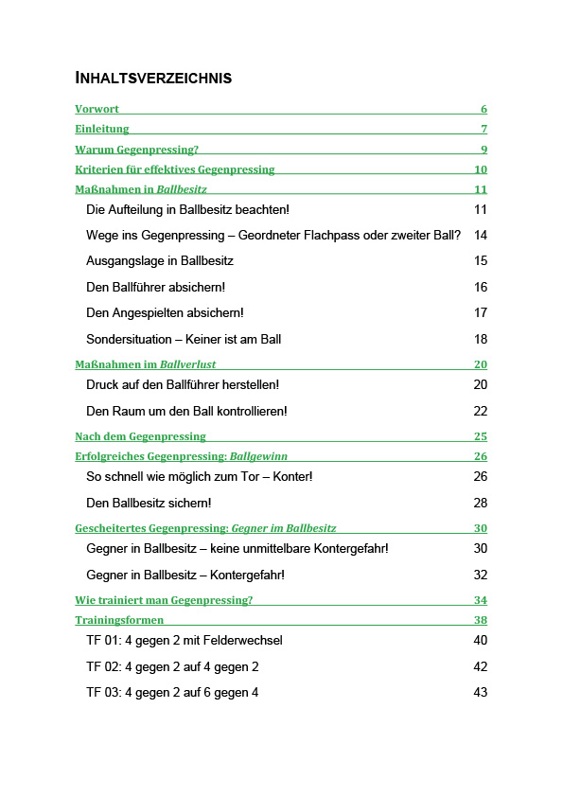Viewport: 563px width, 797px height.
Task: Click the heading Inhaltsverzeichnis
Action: pyautogui.click(x=153, y=78)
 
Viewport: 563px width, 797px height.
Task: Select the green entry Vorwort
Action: pyautogui.click(x=97, y=109)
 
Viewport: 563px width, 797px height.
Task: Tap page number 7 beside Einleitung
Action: pyautogui.click(x=484, y=129)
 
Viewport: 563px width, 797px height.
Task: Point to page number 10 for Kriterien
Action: pyautogui.click(x=481, y=169)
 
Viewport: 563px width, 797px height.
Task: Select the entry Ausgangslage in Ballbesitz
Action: pyautogui.click(x=159, y=260)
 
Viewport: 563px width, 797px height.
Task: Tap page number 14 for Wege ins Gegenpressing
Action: pyautogui.click(x=481, y=235)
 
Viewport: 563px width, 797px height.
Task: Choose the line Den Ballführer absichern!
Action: pyautogui.click(x=155, y=287)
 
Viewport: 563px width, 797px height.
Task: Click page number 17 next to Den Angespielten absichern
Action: pyautogui.click(x=481, y=312)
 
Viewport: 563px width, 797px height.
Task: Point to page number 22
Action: pyautogui.click(x=481, y=411)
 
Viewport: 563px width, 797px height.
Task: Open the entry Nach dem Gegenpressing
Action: pyautogui.click(x=140, y=436)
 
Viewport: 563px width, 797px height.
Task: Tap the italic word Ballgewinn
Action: pyautogui.click(x=260, y=456)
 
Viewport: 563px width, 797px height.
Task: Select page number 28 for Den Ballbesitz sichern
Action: pyautogui.click(x=481, y=503)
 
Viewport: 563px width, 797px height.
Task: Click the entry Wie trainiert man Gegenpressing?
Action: pyautogui.click(x=164, y=600)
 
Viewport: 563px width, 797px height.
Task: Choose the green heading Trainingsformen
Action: pyautogui.click(x=119, y=620)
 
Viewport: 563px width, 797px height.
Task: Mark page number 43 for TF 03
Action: pyautogui.click(x=481, y=693)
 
